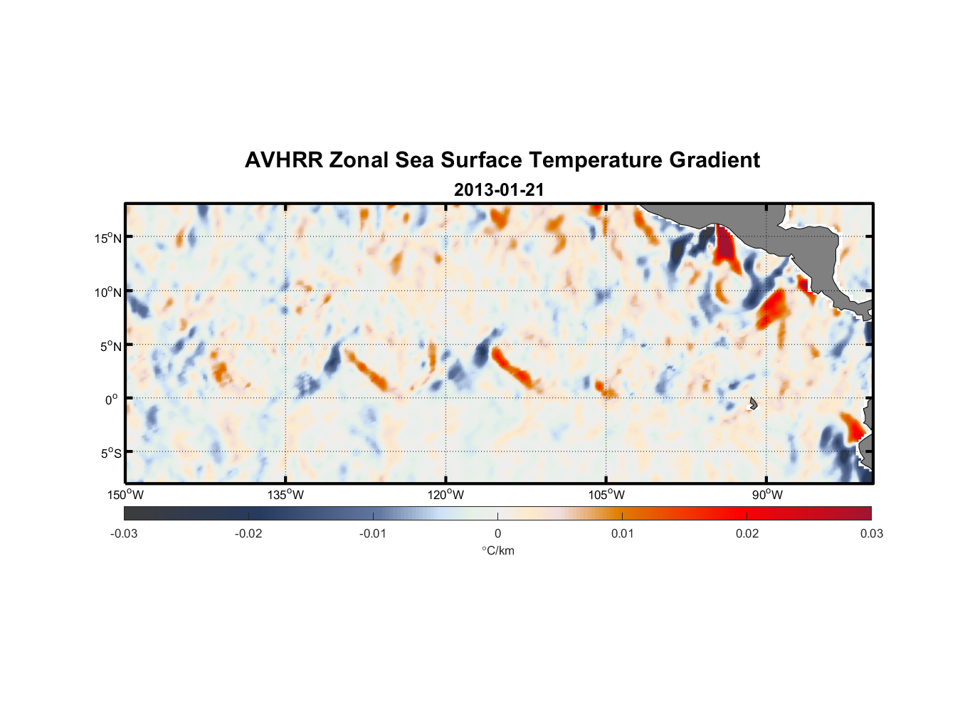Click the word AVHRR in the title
click(x=283, y=160)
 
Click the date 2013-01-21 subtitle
click(x=499, y=190)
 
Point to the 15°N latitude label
click(x=108, y=238)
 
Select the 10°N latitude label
click(x=108, y=292)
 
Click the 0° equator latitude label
click(x=112, y=400)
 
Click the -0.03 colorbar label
click(x=124, y=534)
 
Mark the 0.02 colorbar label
click(x=747, y=534)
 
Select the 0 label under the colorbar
click(x=497, y=534)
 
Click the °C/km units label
click(x=498, y=550)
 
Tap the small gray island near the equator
click(x=753, y=403)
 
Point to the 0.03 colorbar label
click(x=872, y=534)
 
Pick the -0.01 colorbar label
click(x=373, y=534)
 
